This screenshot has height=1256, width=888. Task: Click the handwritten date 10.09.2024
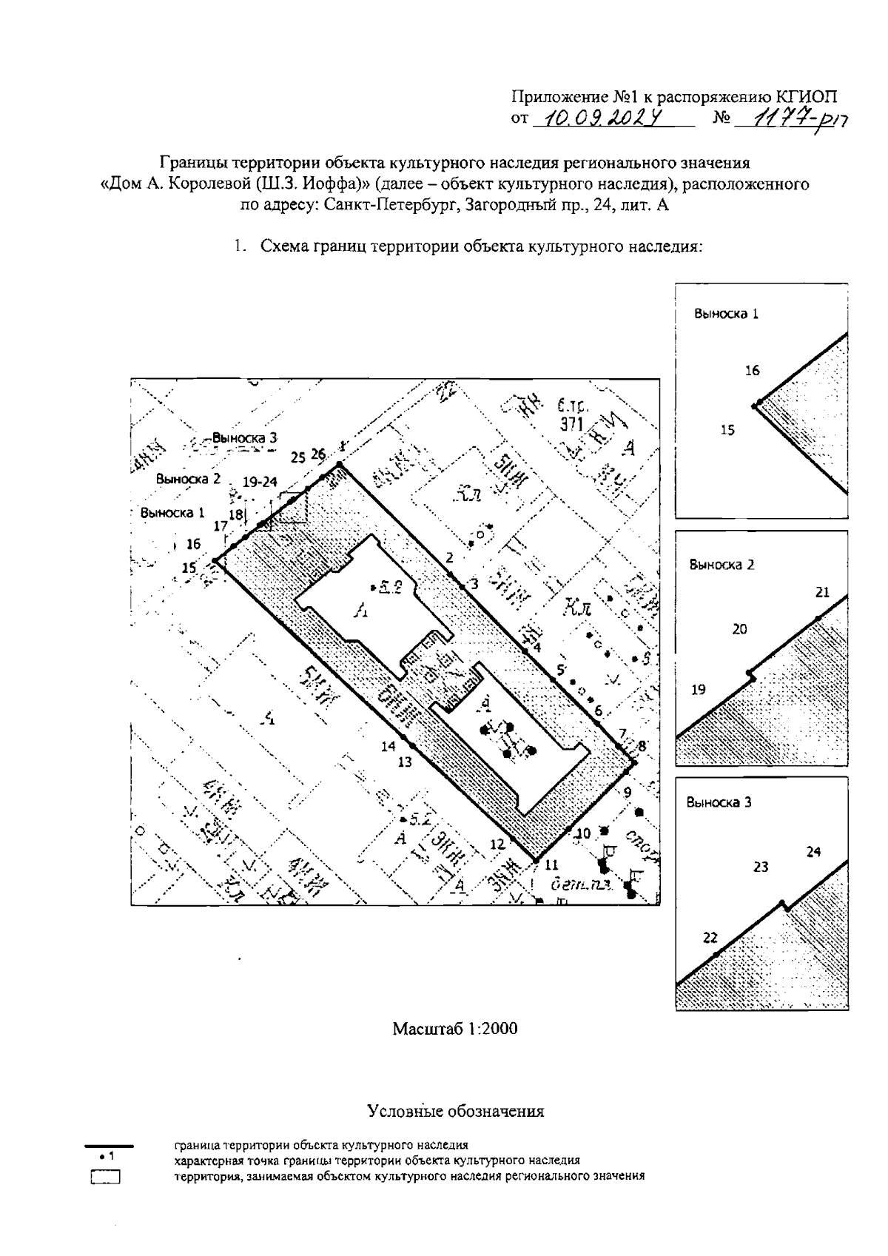pyautogui.click(x=601, y=118)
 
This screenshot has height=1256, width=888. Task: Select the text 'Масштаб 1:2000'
pyautogui.click(x=454, y=1028)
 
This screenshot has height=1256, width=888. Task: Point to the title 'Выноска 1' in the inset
pyautogui.click(x=726, y=313)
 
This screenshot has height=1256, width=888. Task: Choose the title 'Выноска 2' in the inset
pyautogui.click(x=721, y=565)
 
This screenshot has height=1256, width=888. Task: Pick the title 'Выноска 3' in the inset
pyautogui.click(x=719, y=802)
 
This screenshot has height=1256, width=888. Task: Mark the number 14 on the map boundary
pyautogui.click(x=388, y=746)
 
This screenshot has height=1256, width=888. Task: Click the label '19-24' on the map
pyautogui.click(x=259, y=482)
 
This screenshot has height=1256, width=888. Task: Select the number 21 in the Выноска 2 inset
pyautogui.click(x=822, y=592)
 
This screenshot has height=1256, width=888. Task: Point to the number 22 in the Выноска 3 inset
pyautogui.click(x=710, y=938)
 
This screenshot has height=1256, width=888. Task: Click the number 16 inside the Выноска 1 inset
pyautogui.click(x=752, y=371)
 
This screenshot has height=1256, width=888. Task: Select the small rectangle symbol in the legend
pyautogui.click(x=105, y=1177)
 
